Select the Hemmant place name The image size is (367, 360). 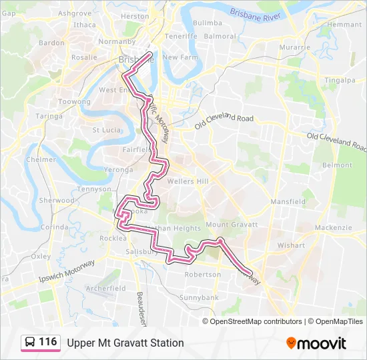click(x=344, y=25)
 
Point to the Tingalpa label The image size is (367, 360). click(x=340, y=81)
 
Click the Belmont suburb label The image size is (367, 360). click(x=336, y=165)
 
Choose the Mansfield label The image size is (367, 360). click(x=288, y=201)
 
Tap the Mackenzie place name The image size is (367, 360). click(x=333, y=227)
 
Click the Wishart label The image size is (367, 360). click(x=291, y=245)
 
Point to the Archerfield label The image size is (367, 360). click(x=105, y=288)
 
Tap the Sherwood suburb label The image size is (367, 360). click(x=57, y=200)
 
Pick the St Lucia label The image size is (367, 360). click(x=105, y=130)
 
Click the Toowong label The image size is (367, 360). click(x=74, y=101)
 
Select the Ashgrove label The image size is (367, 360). click(x=75, y=13)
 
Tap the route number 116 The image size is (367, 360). click(x=47, y=342)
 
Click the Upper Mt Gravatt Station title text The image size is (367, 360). click(x=125, y=343)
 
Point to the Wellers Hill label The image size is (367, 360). click(x=188, y=181)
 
